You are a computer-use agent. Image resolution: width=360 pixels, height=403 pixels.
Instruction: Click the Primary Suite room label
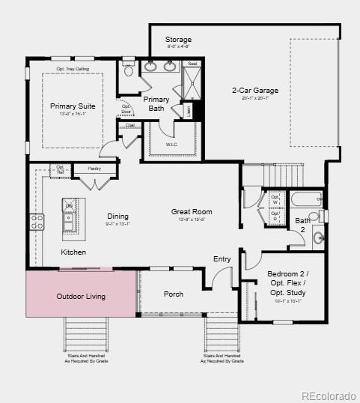coord(73,106)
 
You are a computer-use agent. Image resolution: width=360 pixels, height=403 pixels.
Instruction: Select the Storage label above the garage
coord(178,40)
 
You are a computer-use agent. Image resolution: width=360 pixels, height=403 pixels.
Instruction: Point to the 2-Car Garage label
coord(256,91)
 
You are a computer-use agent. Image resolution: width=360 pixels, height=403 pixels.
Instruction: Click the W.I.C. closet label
coord(171,145)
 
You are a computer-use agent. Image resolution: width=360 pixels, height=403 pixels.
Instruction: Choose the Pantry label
coord(94,169)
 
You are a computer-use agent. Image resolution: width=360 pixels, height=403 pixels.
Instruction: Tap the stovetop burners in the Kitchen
coord(37,221)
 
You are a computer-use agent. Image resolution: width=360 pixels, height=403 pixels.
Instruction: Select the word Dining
coord(118,216)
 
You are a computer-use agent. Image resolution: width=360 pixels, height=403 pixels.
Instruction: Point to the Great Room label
coord(192,212)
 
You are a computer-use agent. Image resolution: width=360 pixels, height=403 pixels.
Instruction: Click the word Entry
coord(222,259)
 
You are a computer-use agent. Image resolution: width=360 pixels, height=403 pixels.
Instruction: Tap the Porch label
coord(173,294)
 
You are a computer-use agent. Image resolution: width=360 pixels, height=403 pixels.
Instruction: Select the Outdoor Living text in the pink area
coord(81,296)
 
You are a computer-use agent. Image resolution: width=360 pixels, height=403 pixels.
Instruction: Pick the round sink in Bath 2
coord(318,238)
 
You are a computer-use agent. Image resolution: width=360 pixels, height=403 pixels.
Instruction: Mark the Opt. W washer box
coord(275,200)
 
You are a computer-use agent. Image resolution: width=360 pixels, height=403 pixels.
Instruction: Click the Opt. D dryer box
coord(275,216)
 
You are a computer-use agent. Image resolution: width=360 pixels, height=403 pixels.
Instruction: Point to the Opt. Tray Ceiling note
coord(73,69)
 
